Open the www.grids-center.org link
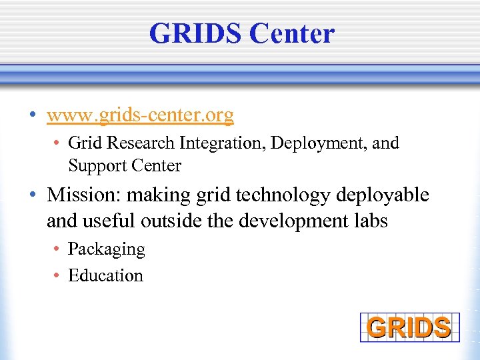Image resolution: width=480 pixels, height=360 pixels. [140, 115]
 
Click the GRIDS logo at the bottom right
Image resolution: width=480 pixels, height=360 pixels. [409, 327]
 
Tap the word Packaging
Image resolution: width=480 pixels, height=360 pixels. [106, 249]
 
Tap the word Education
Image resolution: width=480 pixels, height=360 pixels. [105, 275]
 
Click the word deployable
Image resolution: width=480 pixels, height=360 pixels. [383, 195]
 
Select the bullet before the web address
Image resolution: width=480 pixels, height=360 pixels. [33, 116]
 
